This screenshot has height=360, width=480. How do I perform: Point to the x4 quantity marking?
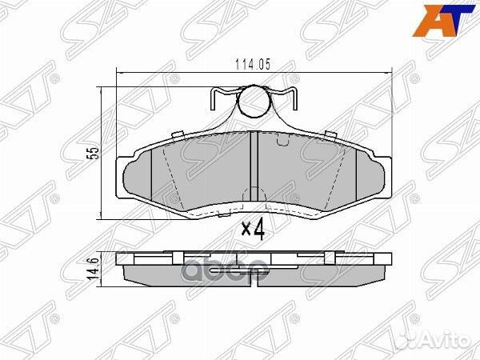[x=252, y=230]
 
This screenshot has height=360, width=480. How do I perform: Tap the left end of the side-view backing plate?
[x=120, y=259]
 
